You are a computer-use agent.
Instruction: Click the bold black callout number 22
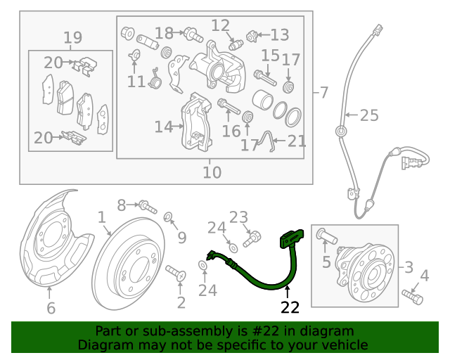tap(290, 307)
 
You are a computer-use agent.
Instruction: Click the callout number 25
tap(369, 115)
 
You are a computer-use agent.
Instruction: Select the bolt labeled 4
tap(414, 297)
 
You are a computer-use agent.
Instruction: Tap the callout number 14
tap(164, 127)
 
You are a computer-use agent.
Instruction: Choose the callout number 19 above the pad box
tap(73, 37)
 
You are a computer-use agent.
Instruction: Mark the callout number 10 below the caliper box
tap(212, 172)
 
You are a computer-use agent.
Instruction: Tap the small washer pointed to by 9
tap(169, 216)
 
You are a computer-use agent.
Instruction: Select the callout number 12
tap(221, 26)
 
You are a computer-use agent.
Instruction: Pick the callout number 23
tap(239, 217)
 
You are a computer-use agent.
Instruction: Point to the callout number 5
tap(326, 262)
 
